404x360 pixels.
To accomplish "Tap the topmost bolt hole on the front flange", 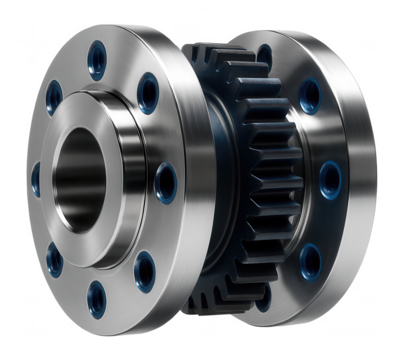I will [x=98, y=57].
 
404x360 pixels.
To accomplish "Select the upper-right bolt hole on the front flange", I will [x=148, y=93].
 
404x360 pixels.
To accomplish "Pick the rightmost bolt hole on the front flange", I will [x=164, y=180].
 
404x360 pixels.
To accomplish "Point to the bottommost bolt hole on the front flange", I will [x=97, y=294].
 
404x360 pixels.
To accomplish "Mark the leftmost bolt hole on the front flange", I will [x=36, y=179].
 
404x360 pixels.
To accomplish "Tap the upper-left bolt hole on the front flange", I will [x=52, y=97].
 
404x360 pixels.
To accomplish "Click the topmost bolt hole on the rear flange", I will [x=265, y=55].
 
